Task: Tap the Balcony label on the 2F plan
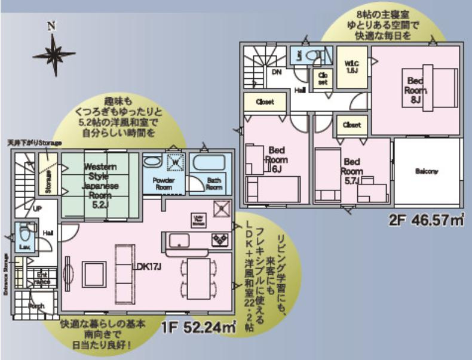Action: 426,171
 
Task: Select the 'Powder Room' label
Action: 163,183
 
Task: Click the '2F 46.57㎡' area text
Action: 427,220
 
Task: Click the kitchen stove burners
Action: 219,239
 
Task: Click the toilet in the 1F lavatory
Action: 24,232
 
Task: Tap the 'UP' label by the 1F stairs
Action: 37,210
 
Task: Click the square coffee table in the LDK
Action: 94,273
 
